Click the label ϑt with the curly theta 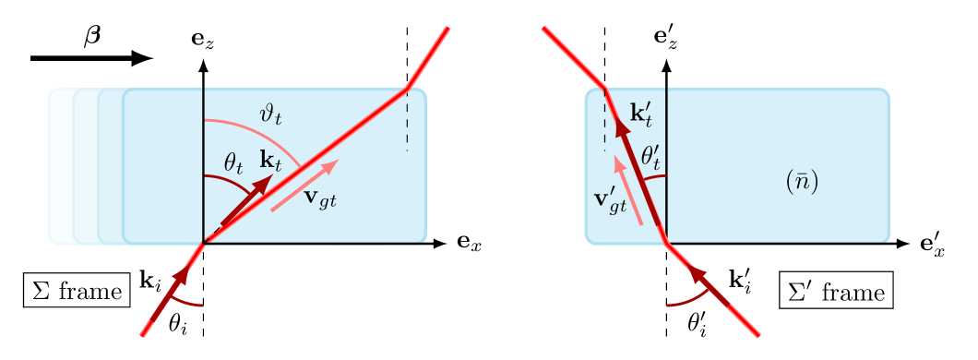tap(271, 115)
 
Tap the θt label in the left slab tap(233, 163)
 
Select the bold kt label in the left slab tap(271, 160)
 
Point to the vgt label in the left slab tap(320, 197)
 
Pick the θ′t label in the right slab tap(651, 154)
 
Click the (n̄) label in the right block tap(802, 182)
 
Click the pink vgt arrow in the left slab tap(304, 185)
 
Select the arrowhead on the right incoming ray tap(695, 273)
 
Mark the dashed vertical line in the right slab tap(604, 125)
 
